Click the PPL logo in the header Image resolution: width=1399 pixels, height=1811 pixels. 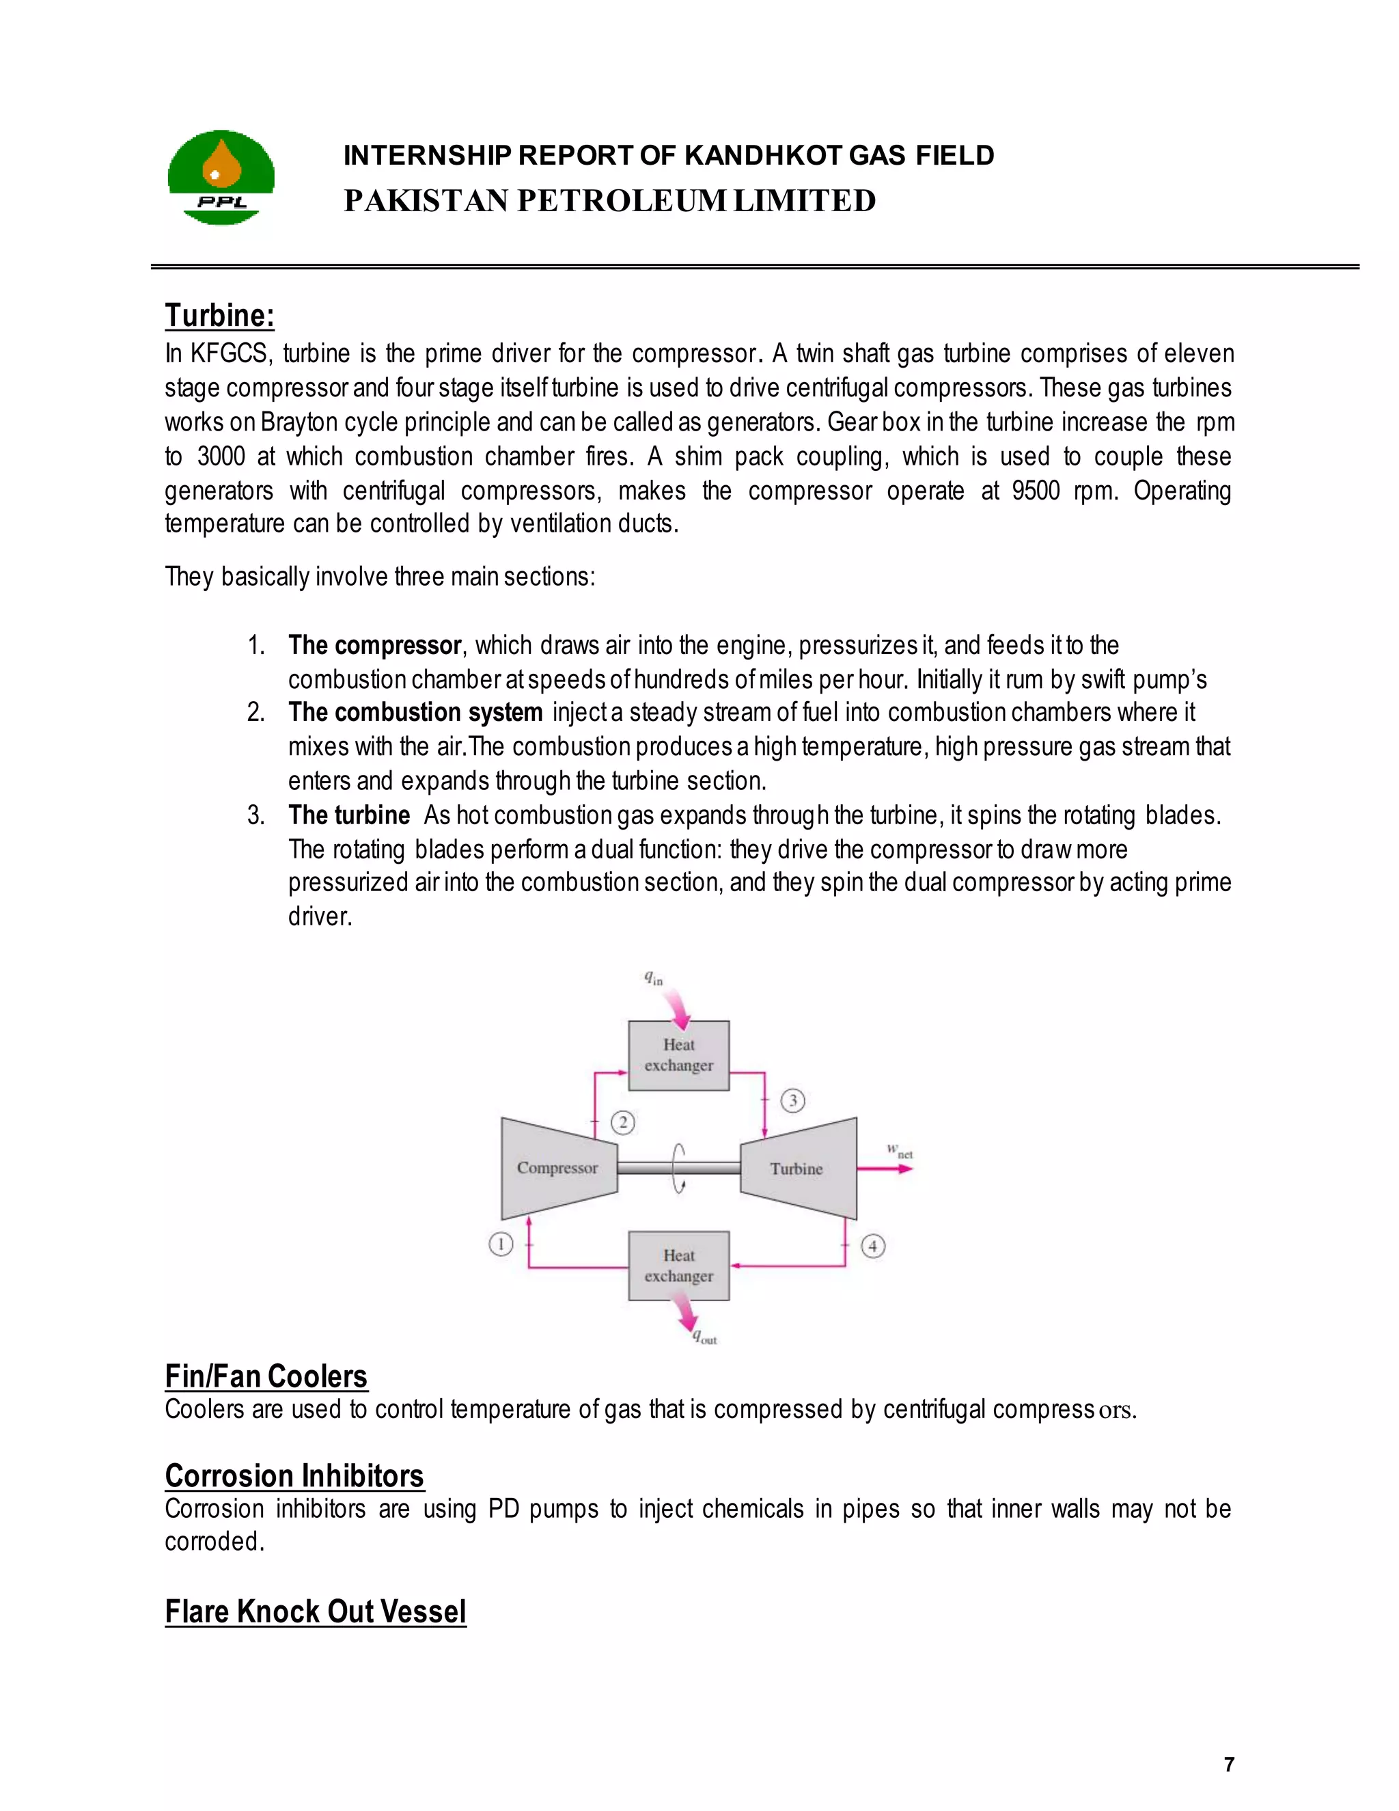click(x=221, y=178)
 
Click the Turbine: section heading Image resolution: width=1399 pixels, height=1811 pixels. click(x=220, y=316)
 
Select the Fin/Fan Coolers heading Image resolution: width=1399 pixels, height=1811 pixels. click(x=266, y=1376)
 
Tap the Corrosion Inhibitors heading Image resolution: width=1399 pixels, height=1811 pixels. click(x=294, y=1475)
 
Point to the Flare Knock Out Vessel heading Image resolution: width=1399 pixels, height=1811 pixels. click(x=316, y=1611)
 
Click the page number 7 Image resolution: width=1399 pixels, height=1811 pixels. click(x=1229, y=1765)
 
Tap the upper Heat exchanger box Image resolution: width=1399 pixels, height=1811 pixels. click(x=679, y=1054)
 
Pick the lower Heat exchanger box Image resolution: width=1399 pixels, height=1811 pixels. click(x=679, y=1266)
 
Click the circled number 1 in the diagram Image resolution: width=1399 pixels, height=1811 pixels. click(x=501, y=1244)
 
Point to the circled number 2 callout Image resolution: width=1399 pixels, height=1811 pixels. click(x=623, y=1123)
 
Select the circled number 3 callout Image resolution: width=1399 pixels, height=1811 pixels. click(x=793, y=1100)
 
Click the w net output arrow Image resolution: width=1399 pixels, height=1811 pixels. click(x=885, y=1169)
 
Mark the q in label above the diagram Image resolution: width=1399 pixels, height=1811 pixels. click(x=654, y=979)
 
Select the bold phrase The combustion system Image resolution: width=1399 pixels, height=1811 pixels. click(x=415, y=712)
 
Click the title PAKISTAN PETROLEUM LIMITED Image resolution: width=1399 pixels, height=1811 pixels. click(x=610, y=201)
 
